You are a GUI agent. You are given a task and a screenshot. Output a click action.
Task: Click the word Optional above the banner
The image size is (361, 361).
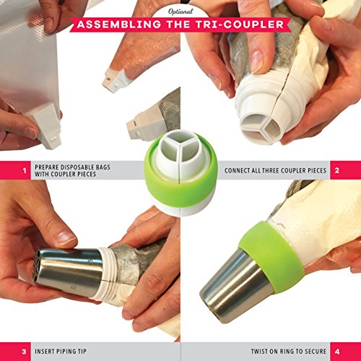(180, 12)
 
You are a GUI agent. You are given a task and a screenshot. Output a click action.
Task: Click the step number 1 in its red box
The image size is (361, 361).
(25, 170)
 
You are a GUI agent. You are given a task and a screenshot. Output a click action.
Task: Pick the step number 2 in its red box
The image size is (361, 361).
(337, 170)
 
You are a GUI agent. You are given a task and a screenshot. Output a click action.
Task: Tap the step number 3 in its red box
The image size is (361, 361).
(24, 352)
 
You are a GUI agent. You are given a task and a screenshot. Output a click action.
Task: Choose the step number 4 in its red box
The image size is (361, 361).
(337, 352)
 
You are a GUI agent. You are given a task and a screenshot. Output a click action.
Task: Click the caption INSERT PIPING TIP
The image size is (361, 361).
(61, 352)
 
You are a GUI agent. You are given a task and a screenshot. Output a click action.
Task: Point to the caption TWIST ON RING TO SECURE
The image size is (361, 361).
(289, 352)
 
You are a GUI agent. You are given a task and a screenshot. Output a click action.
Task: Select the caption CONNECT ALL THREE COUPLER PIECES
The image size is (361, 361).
(275, 170)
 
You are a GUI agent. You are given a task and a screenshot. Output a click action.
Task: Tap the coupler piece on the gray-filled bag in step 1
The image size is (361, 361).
(143, 124)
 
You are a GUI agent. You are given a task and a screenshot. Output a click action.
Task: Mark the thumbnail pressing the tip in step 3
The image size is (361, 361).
(65, 238)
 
